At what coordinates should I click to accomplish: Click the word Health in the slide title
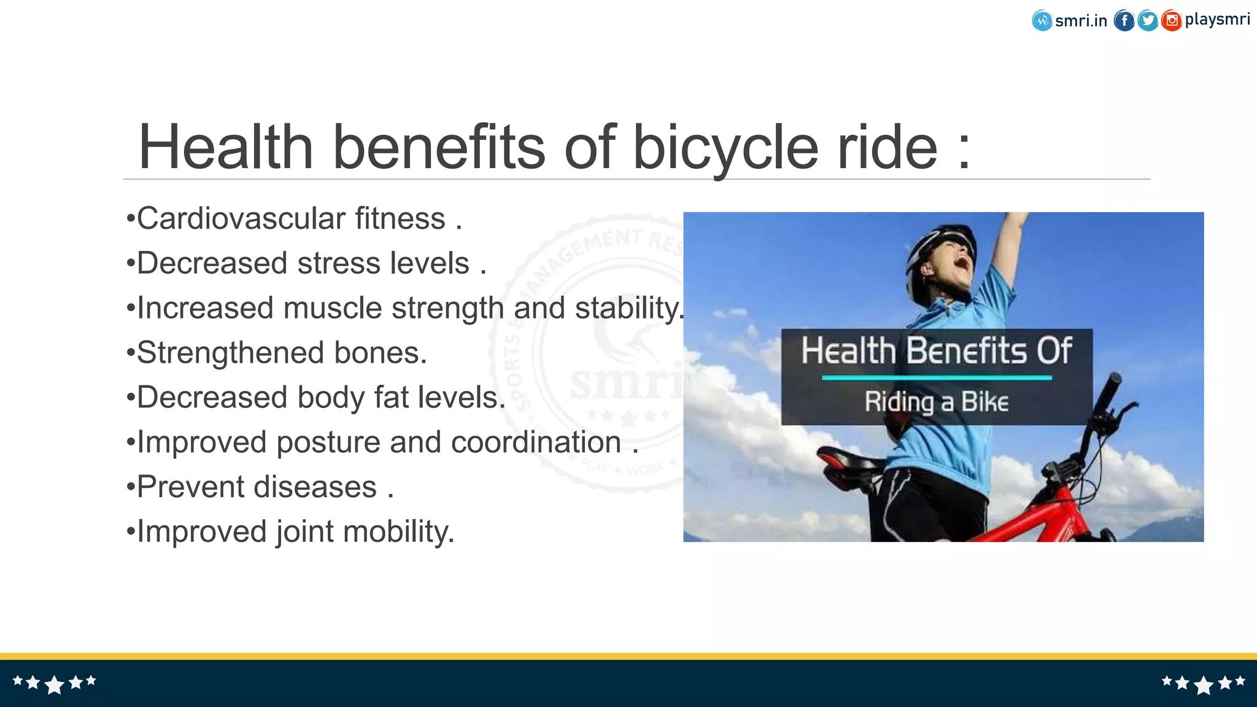(x=226, y=147)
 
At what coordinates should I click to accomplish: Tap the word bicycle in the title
(x=725, y=147)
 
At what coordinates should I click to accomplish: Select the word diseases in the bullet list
(x=315, y=487)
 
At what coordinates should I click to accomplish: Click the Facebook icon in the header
(x=1124, y=21)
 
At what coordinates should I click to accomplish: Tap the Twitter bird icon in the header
(x=1148, y=21)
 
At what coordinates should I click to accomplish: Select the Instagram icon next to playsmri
(x=1171, y=21)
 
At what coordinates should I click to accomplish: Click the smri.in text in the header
(x=1081, y=21)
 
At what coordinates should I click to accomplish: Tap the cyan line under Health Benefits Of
(x=937, y=378)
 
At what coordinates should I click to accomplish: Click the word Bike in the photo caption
(x=984, y=403)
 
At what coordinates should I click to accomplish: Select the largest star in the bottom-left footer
(x=55, y=684)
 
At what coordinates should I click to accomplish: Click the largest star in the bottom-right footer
(x=1204, y=685)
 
